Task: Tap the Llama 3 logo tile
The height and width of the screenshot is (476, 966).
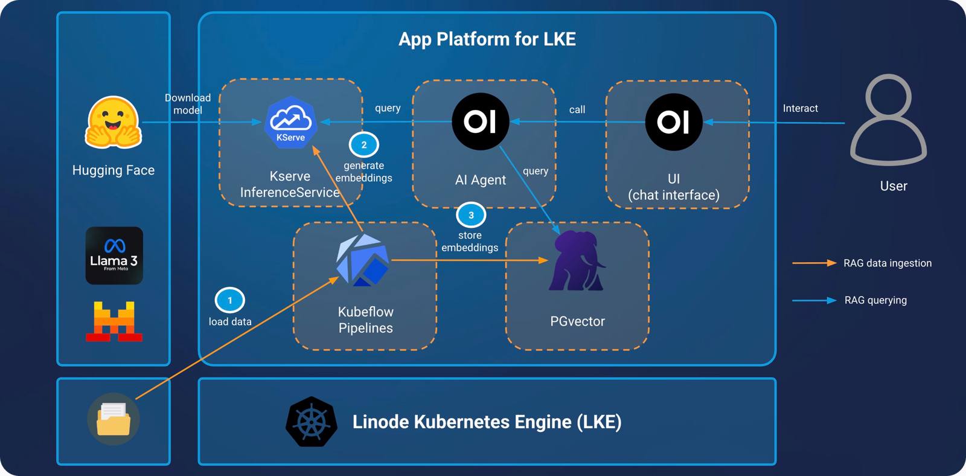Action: [x=114, y=256]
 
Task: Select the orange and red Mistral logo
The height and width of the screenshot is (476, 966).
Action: [x=114, y=321]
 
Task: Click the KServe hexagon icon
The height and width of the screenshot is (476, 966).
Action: [x=290, y=122]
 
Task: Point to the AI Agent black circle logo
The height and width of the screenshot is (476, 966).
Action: [x=481, y=121]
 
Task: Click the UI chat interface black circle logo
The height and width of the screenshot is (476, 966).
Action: [x=674, y=122]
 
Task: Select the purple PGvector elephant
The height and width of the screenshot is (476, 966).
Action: [x=577, y=260]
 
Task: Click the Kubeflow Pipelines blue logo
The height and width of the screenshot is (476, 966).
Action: [x=363, y=260]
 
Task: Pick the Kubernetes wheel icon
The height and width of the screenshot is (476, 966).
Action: [x=312, y=422]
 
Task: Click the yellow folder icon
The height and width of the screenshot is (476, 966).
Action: [x=114, y=419]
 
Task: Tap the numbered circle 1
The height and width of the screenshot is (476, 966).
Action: [x=229, y=300]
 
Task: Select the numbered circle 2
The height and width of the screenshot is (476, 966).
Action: [x=363, y=145]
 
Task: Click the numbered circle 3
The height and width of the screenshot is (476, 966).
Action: [x=471, y=215]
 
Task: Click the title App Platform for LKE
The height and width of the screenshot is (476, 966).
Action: [x=487, y=39]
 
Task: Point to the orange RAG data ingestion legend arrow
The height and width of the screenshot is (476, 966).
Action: [x=814, y=263]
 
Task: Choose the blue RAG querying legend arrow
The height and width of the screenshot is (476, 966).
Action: [x=814, y=300]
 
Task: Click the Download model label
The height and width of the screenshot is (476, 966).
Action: [x=188, y=104]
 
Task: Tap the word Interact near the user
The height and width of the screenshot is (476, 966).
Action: [x=800, y=109]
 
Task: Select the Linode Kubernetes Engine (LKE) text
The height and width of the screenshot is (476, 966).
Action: [x=487, y=422]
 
